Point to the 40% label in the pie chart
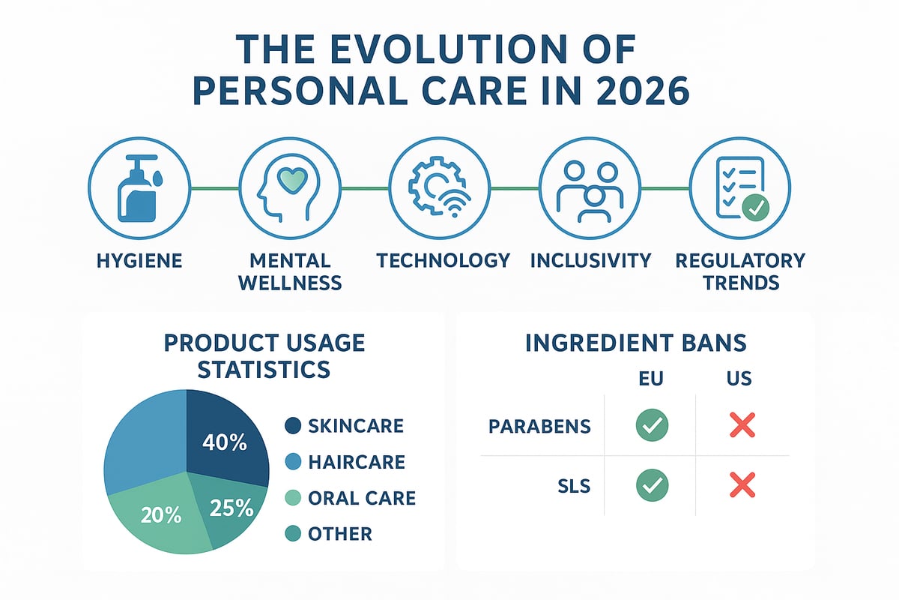point(225,442)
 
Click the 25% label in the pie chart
point(231,509)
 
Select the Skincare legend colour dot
point(293,426)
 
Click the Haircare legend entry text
point(356,462)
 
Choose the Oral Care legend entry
point(361,498)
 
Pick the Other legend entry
point(340,534)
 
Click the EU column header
point(650,379)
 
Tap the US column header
point(739,379)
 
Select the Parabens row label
point(539,427)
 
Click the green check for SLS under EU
point(650,485)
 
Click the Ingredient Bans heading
point(635,343)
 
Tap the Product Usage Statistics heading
point(264,356)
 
